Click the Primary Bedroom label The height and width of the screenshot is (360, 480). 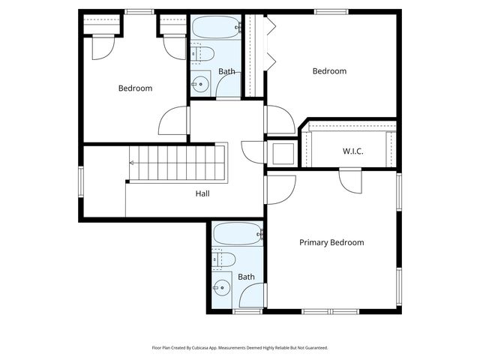click(x=331, y=243)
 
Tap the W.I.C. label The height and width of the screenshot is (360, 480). click(x=353, y=151)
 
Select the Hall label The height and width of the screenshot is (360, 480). click(x=202, y=193)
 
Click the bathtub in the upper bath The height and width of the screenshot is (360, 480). click(x=216, y=27)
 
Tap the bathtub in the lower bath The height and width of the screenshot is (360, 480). click(x=238, y=233)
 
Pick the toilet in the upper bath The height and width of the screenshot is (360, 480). click(x=202, y=54)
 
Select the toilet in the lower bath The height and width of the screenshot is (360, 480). click(x=223, y=260)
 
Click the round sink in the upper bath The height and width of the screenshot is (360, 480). click(x=200, y=83)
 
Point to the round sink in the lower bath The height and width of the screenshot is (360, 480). click(x=222, y=288)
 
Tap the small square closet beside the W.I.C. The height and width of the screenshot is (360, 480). click(x=283, y=153)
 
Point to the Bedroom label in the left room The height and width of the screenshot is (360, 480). click(x=135, y=88)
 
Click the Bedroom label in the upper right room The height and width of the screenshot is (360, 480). click(x=329, y=71)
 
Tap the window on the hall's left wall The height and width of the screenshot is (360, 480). click(x=81, y=181)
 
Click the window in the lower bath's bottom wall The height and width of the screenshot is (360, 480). click(x=247, y=312)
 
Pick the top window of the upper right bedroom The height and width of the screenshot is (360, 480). click(x=331, y=12)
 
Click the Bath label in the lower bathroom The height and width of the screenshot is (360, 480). click(x=246, y=277)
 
